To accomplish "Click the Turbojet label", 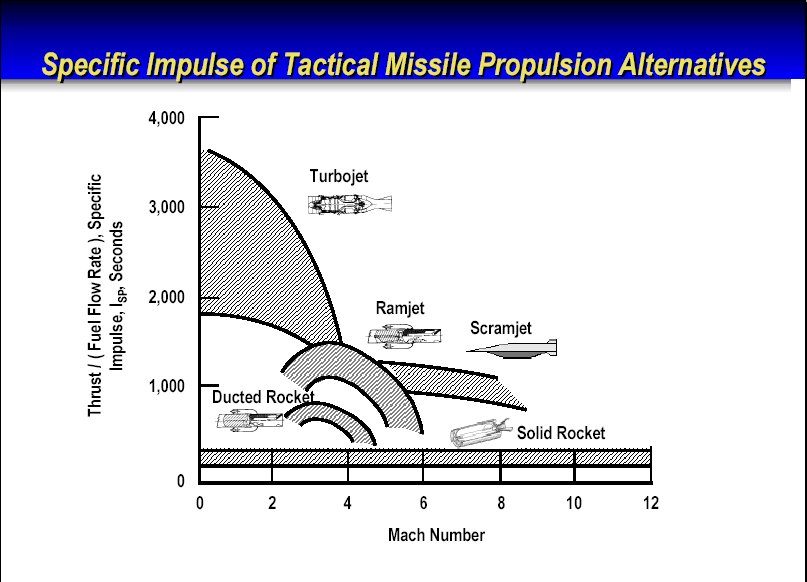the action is (339, 177).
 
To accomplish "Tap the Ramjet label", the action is (400, 308).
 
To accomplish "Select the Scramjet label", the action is (500, 328).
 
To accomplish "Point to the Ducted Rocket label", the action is (263, 397).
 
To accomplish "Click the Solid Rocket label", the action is (561, 433).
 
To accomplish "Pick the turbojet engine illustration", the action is (350, 204).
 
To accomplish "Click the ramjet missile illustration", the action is (404, 336).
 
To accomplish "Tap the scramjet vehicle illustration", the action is (512, 348).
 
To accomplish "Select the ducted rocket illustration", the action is (250, 420).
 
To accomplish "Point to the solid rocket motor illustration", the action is (480, 432).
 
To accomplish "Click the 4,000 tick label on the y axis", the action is (166, 118).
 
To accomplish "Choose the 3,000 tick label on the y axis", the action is (166, 207).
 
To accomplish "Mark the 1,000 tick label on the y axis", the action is (166, 386).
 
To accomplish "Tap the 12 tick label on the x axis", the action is (651, 503).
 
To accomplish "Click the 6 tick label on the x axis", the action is (423, 503).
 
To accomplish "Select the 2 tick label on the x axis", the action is (272, 503).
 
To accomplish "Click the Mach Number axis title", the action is (436, 535).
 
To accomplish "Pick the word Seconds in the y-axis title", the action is (117, 251).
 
